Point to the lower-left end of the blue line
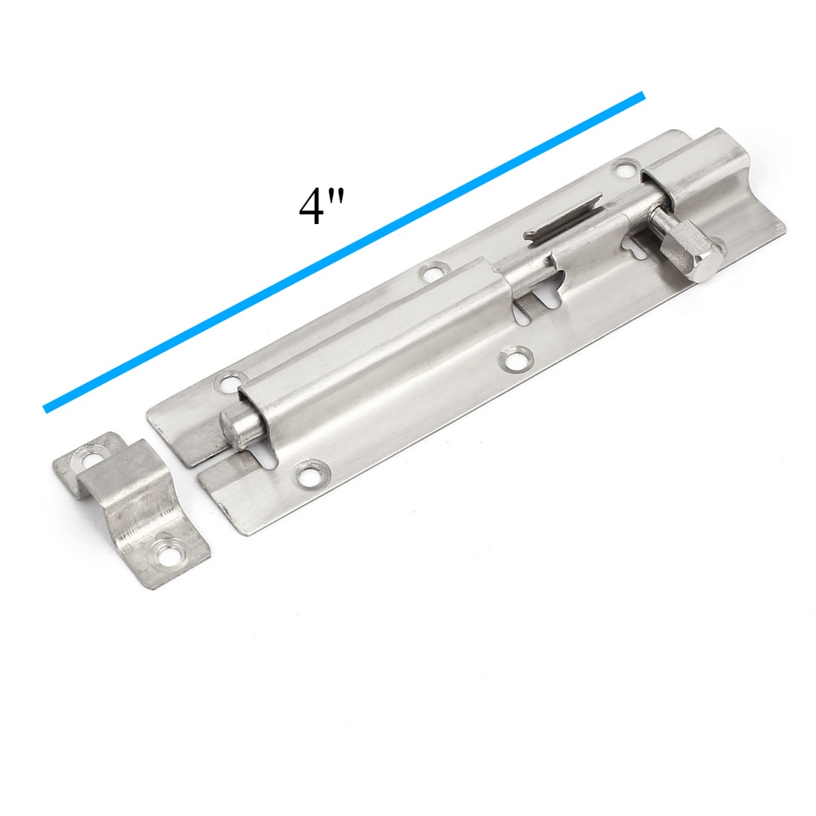click(45, 410)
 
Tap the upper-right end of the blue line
click(643, 96)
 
